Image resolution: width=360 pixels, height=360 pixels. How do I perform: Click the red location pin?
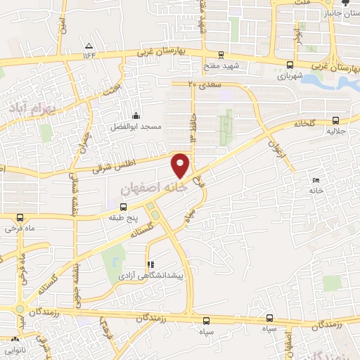tap(181, 165)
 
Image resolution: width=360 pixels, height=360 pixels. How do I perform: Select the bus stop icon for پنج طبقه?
tap(124, 207)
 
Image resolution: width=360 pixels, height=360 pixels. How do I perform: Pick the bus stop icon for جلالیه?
tap(335, 120)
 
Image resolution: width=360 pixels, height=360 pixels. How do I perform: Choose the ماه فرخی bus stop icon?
tap(19, 218)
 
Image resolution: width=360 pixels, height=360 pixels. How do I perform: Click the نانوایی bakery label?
tap(14, 349)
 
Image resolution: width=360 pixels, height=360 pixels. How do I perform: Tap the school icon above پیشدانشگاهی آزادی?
tap(149, 265)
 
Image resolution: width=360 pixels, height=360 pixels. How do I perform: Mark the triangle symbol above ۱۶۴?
tap(88, 45)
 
